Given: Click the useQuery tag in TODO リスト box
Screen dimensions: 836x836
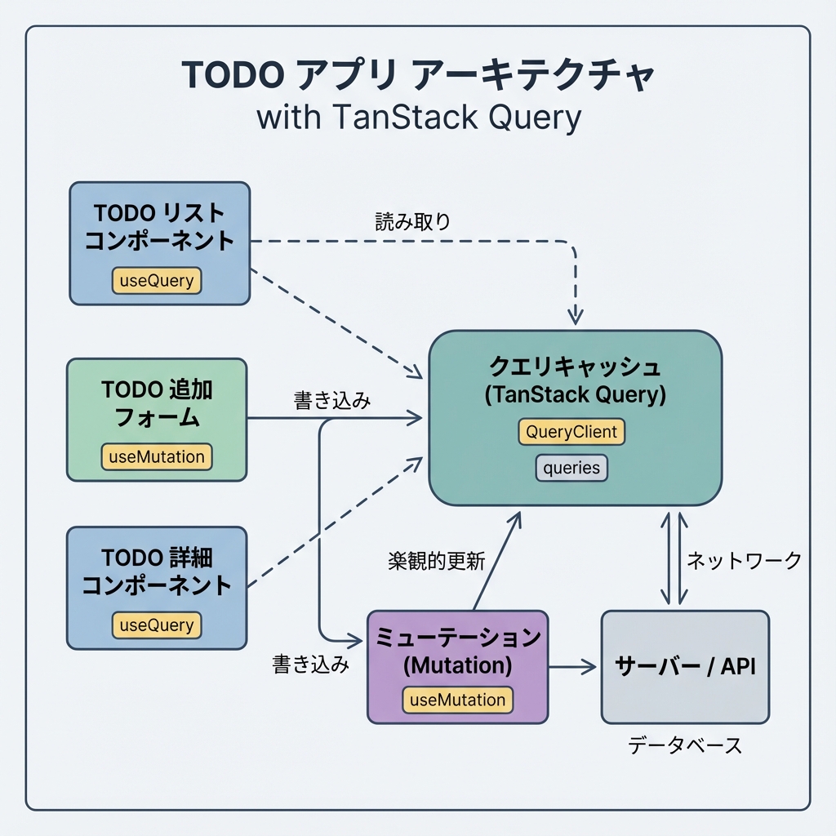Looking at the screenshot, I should coord(157,281).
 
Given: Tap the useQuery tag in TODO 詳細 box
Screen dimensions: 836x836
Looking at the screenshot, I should coord(157,625).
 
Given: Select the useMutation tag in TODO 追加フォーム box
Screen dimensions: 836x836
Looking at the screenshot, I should coord(157,456).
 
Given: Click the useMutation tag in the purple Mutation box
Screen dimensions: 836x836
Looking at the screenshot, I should coord(458,700).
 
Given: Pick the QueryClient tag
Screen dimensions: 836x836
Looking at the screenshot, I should coord(571,432).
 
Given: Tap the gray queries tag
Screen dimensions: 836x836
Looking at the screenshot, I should coord(571,468).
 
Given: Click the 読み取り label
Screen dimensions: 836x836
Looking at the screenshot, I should coord(413,221).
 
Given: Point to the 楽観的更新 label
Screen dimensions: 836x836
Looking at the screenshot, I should coord(436,561).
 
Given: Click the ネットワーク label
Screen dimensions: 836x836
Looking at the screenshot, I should coord(744,560).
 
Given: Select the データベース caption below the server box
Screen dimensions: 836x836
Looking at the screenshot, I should coord(685,745).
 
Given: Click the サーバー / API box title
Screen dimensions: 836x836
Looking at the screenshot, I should coord(685,665).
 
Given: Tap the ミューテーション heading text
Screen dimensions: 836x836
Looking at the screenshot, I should coord(458,637).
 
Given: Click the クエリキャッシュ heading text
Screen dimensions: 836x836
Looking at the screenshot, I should coord(575,365).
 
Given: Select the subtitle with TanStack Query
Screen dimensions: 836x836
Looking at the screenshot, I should coord(418,117).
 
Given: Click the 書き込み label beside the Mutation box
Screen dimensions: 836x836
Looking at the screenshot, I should coord(310,665).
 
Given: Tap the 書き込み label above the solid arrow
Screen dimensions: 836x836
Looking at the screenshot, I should coord(331,401).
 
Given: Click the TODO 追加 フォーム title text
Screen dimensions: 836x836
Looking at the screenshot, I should coord(157,402).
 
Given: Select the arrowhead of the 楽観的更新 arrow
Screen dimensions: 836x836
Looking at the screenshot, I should coord(516,518).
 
